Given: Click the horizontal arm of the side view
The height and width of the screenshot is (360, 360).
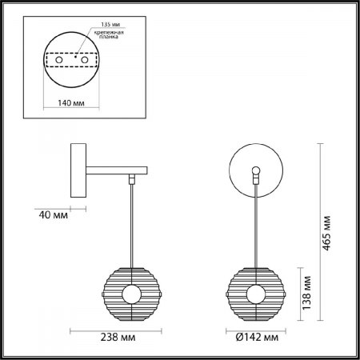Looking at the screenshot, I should pyautogui.click(x=117, y=169).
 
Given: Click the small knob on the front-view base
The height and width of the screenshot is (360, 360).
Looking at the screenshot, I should pyautogui.click(x=255, y=170).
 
